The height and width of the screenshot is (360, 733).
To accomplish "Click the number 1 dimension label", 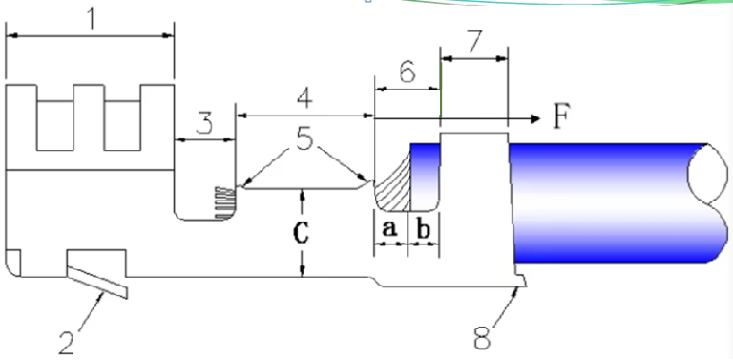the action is pyautogui.click(x=92, y=19).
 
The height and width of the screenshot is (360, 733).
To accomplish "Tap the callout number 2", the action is pyautogui.click(x=67, y=342).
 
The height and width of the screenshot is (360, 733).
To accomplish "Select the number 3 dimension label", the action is pyautogui.click(x=204, y=123).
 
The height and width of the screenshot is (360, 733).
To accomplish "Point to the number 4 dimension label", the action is pyautogui.click(x=304, y=98).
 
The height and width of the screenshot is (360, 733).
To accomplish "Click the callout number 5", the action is pyautogui.click(x=304, y=139).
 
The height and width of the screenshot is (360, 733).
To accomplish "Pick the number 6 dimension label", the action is pyautogui.click(x=407, y=72).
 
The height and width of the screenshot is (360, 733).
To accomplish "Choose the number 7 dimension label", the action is pyautogui.click(x=473, y=41).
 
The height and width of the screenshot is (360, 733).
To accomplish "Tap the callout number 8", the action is pyautogui.click(x=482, y=337).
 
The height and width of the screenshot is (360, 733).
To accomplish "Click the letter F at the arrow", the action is pyautogui.click(x=561, y=116).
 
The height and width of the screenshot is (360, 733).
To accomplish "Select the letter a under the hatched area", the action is pyautogui.click(x=389, y=229).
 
